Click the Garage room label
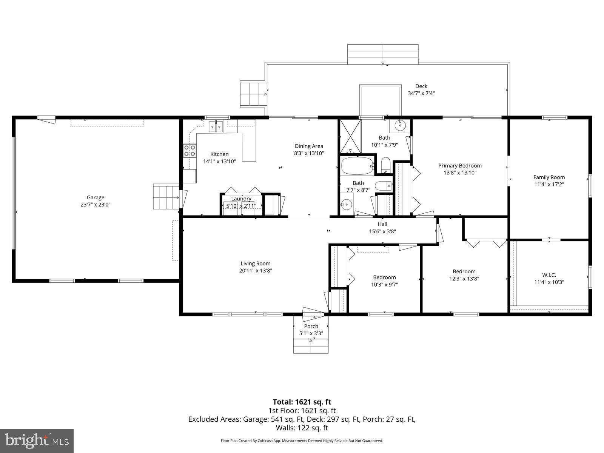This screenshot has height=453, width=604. pyautogui.click(x=96, y=197)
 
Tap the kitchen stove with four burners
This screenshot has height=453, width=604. pyautogui.click(x=190, y=151)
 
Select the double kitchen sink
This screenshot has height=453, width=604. pyautogui.click(x=216, y=126)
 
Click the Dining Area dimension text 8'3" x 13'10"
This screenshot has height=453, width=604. pyautogui.click(x=309, y=153)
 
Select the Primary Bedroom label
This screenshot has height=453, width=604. pyautogui.click(x=460, y=165)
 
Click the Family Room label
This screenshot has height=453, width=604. pyautogui.click(x=549, y=177)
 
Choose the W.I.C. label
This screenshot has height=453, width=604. pyautogui.click(x=549, y=275)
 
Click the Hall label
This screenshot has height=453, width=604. pyautogui.click(x=382, y=224)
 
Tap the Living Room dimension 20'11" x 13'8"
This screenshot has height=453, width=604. pyautogui.click(x=256, y=271)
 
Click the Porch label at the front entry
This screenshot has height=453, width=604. pyautogui.click(x=311, y=326)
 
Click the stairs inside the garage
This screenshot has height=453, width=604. pyautogui.click(x=166, y=197)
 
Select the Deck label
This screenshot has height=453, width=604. pyautogui.click(x=421, y=86)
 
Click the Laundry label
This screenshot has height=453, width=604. pyautogui.click(x=241, y=199)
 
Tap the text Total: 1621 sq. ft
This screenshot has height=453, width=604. pyautogui.click(x=302, y=402)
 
